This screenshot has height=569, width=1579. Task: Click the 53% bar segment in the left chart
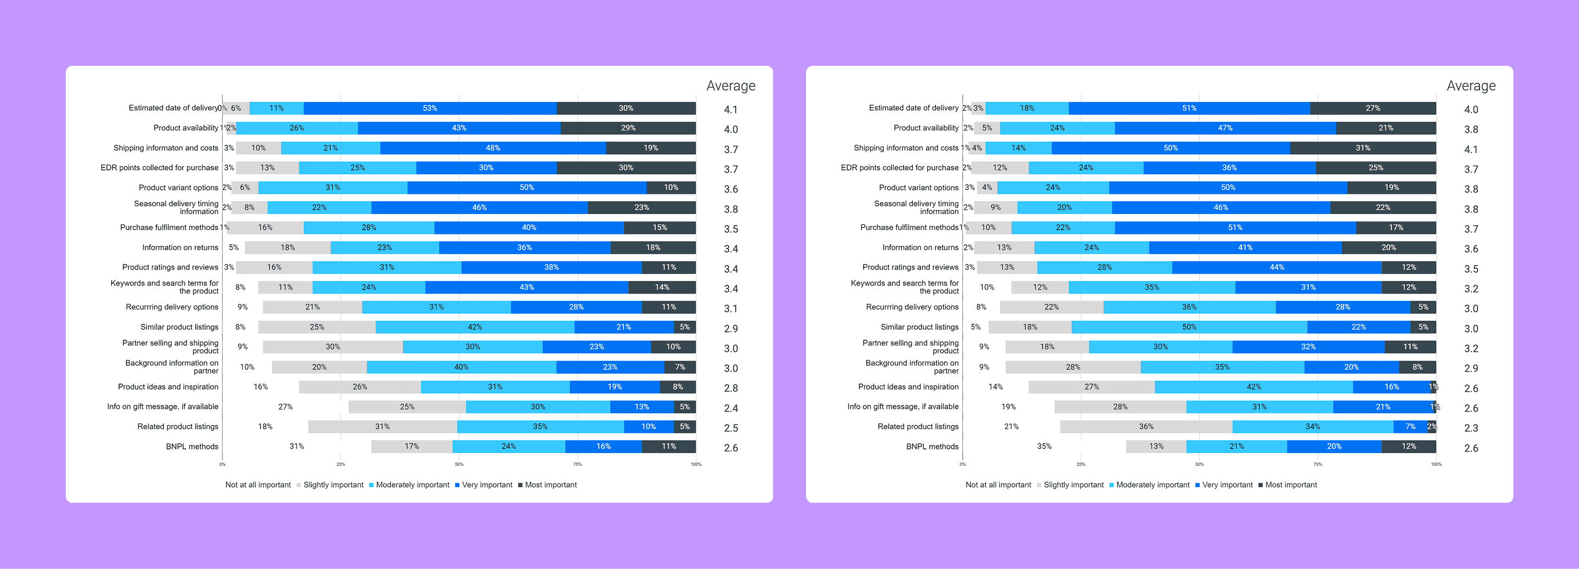[430, 108]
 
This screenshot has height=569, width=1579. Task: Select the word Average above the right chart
[1470, 86]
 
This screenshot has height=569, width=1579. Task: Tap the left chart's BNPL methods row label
[192, 447]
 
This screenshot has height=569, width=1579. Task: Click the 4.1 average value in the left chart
[730, 110]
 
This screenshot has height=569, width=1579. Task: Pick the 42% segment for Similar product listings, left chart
[474, 327]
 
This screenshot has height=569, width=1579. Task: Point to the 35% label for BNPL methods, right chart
[1044, 447]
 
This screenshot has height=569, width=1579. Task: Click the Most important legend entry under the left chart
[550, 485]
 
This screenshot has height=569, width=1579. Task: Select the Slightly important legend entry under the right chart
[1073, 485]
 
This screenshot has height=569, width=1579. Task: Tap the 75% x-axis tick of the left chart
[577, 464]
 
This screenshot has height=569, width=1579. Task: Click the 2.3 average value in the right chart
[1470, 428]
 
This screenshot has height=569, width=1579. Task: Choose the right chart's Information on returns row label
[920, 247]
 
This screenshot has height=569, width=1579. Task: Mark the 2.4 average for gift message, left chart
[730, 408]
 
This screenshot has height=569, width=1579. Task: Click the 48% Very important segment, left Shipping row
[492, 148]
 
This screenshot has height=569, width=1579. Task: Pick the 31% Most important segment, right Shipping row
[1362, 148]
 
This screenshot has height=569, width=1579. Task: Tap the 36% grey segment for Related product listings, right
[1146, 427]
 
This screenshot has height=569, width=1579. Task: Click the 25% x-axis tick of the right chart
[1081, 464]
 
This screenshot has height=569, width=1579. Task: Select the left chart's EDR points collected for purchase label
[160, 167]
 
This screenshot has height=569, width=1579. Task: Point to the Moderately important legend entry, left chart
[412, 485]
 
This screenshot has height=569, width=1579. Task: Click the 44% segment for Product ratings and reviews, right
[1276, 267]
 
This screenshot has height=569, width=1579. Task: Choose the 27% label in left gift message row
[285, 407]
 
